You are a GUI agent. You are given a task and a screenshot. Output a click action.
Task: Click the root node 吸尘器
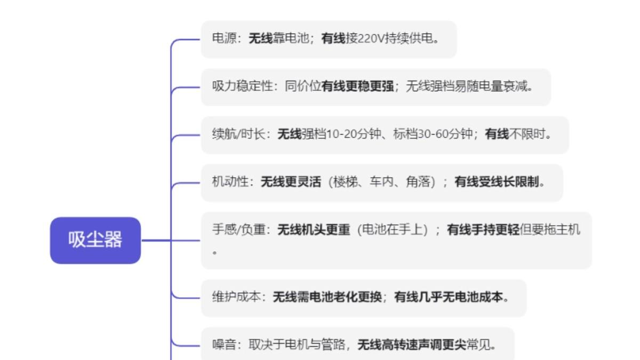tap(95, 240)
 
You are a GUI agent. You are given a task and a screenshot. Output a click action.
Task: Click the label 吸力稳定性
tap(242, 87)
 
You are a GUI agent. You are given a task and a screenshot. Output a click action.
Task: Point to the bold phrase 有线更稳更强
tap(357, 87)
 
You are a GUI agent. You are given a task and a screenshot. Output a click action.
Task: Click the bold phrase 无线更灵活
tap(291, 182)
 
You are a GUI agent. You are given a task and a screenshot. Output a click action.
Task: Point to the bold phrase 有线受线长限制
tap(497, 182)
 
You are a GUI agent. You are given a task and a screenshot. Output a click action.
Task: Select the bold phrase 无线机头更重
tap(314, 230)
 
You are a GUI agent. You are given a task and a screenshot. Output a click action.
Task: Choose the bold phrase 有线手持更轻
tap(483, 230)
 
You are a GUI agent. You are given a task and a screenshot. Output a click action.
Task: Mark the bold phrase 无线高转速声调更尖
tap(411, 345)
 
